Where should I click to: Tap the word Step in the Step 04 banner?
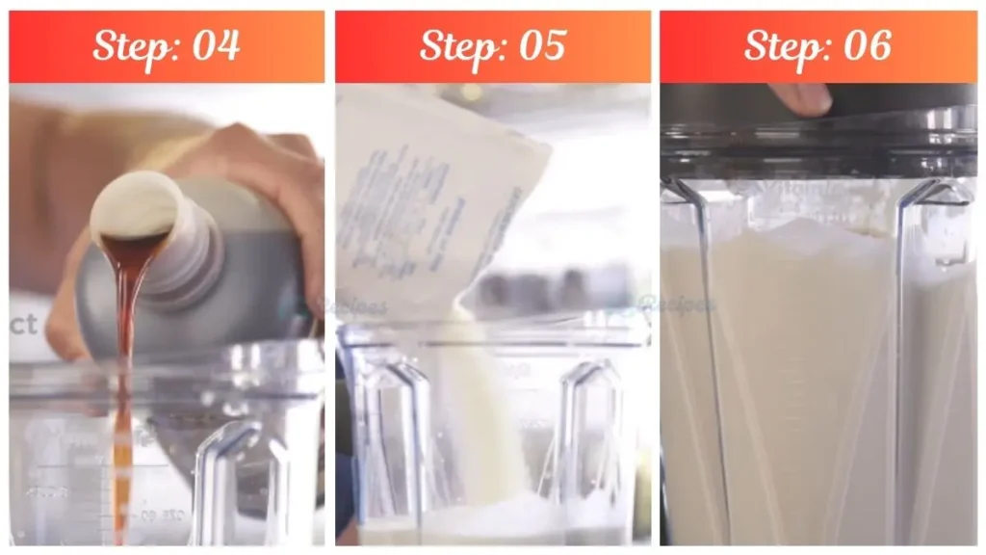pyautogui.click(x=134, y=46)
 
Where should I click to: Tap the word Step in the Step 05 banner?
pyautogui.click(x=460, y=46)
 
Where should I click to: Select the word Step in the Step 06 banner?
pyautogui.click(x=786, y=46)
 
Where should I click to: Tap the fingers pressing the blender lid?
pyautogui.click(x=801, y=96)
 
